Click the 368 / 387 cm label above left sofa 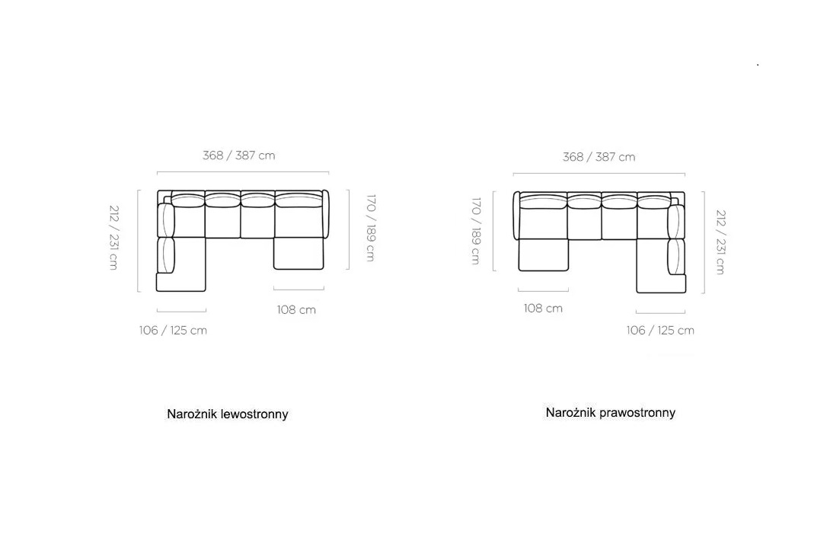(239, 155)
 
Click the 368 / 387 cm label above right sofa (599, 157)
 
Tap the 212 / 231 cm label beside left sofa (113, 238)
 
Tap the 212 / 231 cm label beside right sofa (720, 242)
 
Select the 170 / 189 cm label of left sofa (371, 228)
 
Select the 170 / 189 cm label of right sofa (476, 231)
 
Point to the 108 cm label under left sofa (296, 310)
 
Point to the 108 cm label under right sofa (543, 309)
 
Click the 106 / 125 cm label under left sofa (173, 331)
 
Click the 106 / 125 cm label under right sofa (660, 331)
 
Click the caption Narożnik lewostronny (228, 414)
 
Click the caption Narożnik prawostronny (611, 413)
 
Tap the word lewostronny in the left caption (254, 414)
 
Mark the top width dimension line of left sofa (243, 171)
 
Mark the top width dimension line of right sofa (599, 173)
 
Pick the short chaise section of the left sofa (298, 253)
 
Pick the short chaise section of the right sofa (544, 254)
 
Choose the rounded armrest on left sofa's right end (326, 214)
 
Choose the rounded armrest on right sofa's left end (516, 216)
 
